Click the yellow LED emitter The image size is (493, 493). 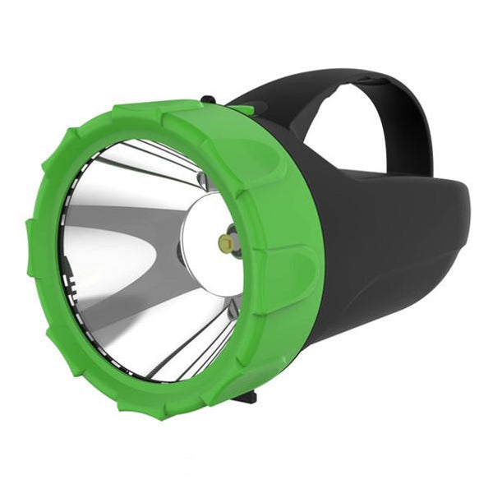pos(223,242)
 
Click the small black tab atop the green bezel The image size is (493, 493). pos(210,101)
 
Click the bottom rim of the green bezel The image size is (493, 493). pos(164,411)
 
